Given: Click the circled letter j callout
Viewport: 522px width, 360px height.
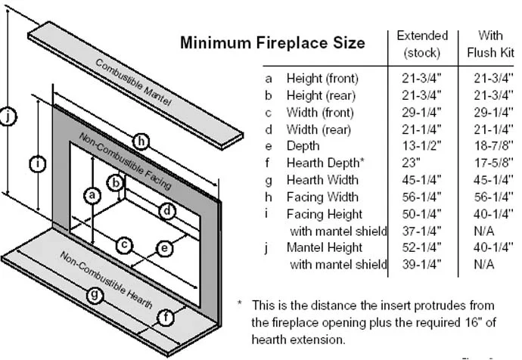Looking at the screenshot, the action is coord(8,116).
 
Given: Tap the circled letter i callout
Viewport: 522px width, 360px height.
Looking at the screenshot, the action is coord(38,163).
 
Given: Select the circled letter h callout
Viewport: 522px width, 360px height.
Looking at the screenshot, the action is coord(141,141).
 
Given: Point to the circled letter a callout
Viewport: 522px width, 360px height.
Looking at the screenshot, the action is coord(92,195).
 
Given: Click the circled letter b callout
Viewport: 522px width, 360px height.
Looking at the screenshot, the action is coord(116,183).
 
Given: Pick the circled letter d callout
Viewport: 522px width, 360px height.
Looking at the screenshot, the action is coord(167,211).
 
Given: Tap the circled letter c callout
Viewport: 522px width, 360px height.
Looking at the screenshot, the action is coord(125,245).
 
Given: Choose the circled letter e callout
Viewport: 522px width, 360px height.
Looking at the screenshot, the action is coord(164,248).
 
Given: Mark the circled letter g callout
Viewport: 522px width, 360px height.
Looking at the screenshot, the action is coord(95,295).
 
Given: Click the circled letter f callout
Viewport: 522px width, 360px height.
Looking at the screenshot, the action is coord(166,318).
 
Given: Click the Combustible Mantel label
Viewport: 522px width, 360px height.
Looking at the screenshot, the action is coord(133,82).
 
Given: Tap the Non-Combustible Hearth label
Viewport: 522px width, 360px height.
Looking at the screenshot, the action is coord(106,280).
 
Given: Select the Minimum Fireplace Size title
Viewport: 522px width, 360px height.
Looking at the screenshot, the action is coord(272,42).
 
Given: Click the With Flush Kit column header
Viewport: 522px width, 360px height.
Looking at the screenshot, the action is coord(491,44).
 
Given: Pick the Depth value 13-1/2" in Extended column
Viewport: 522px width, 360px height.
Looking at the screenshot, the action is coord(421,146).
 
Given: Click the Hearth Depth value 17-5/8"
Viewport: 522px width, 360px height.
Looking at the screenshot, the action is coord(493,163).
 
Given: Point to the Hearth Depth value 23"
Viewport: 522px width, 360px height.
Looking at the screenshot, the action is coord(411,163).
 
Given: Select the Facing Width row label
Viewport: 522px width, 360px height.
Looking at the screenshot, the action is coord(322,197).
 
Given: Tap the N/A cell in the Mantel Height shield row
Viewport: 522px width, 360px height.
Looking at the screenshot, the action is coord(484,265).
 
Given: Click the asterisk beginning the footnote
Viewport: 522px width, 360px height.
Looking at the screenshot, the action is coord(239,303).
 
